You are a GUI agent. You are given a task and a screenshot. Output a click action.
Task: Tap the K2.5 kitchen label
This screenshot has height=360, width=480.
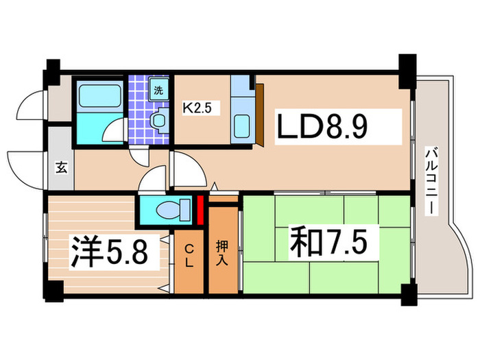195,107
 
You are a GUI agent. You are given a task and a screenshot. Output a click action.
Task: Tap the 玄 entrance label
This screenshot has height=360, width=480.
61,167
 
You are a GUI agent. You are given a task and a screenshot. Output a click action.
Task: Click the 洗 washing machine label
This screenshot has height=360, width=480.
158,89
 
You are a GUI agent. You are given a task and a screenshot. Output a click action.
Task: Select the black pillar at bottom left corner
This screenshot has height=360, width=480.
51,291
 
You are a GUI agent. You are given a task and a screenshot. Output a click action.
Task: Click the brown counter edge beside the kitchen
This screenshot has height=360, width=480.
261,113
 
